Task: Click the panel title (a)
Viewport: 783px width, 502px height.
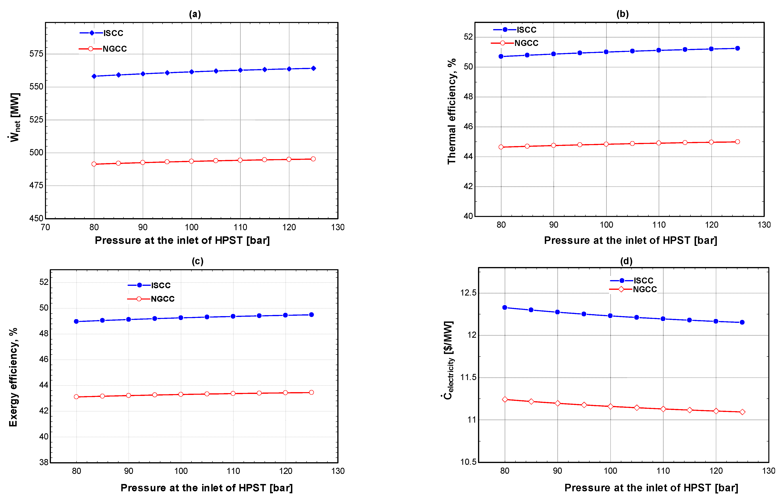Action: tap(195, 14)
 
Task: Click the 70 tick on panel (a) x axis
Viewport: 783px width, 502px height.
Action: tap(45, 227)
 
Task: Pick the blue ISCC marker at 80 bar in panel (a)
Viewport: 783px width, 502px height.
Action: tap(94, 76)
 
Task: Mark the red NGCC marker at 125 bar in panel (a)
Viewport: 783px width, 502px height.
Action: tap(313, 159)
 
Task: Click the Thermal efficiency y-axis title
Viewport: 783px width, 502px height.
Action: tap(451, 111)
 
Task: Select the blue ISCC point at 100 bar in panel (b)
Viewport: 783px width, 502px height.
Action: tap(606, 52)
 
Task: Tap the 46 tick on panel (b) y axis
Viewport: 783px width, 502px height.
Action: tap(468, 126)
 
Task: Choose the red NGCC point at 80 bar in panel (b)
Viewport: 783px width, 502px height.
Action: tap(501, 147)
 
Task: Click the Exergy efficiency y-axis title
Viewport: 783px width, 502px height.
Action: tap(13, 377)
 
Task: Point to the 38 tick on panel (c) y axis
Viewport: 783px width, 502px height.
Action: tap(44, 462)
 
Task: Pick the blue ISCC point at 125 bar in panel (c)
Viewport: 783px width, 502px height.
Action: tap(311, 315)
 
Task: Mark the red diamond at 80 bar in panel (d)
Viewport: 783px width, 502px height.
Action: tap(505, 399)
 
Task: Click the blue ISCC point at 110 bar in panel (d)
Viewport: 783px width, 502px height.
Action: tap(663, 319)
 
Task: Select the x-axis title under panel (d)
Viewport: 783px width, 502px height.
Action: tap(651, 488)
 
